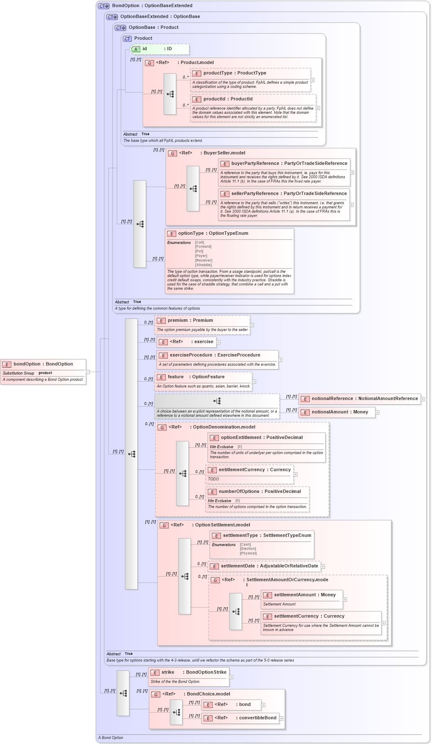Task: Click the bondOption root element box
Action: [43, 364]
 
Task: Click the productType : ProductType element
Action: [234, 73]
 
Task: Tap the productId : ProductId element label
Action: [228, 99]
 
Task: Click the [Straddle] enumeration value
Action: [203, 265]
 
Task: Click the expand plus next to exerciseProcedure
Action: [280, 360]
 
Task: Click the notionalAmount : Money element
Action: [339, 412]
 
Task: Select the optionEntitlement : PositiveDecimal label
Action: [262, 438]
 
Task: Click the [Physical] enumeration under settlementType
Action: [248, 553]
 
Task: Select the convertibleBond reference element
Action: [257, 718]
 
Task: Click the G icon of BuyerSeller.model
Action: [172, 154]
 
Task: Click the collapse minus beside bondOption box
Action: [88, 372]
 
